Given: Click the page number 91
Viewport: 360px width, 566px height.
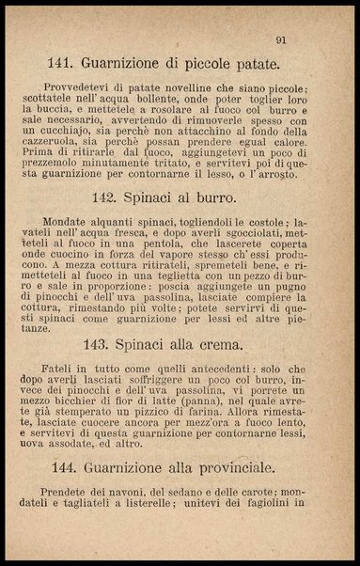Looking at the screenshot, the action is (281, 39).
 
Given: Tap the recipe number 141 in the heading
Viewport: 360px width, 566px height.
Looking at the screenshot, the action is (61, 65).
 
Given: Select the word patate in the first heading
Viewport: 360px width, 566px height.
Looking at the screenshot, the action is (253, 65).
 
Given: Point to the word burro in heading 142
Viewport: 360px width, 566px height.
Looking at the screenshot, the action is (211, 199).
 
